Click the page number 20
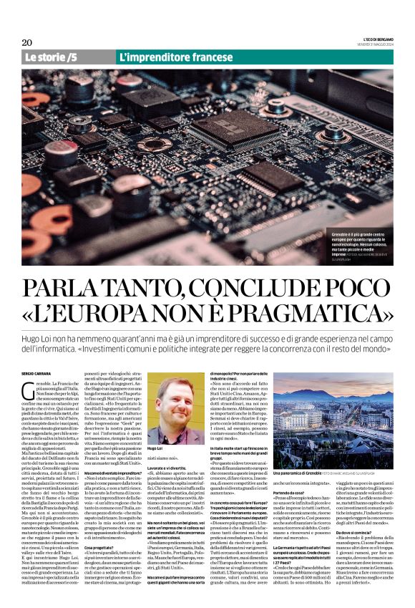point(28,42)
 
